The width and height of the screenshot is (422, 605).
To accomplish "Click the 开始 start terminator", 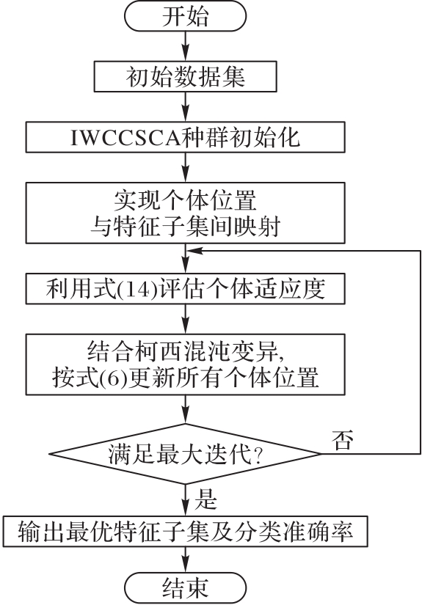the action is (185, 16).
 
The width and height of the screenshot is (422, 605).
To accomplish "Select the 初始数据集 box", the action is (186, 76).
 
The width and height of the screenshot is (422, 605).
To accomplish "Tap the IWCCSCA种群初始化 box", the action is (186, 137).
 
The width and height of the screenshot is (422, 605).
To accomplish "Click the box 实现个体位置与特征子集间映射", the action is (186, 213).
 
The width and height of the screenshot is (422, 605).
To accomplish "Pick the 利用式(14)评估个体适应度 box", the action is (186, 289).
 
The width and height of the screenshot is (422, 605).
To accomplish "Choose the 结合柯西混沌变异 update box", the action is (186, 364).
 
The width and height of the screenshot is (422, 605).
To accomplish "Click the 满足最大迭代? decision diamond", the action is (186, 454).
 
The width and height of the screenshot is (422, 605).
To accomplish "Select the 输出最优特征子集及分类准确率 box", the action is (186, 532).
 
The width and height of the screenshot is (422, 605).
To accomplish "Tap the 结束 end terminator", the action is (185, 588).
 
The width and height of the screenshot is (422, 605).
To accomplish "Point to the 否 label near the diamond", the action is (343, 439).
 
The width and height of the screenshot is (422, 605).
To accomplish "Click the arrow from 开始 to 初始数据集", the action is (186, 46).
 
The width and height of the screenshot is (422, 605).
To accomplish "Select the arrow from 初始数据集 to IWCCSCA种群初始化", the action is (186, 107).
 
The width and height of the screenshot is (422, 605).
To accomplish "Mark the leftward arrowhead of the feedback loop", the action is (194, 252).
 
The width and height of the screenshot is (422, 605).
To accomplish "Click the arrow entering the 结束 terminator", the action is (186, 560).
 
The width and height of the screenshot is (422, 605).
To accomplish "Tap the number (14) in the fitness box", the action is (139, 289).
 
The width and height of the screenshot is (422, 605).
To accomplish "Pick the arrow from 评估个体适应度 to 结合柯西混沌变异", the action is (186, 320).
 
